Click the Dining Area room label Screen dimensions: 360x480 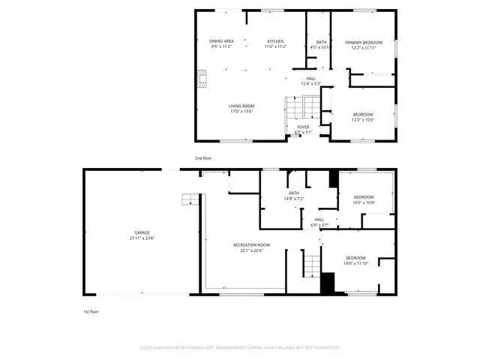click(x=222, y=41)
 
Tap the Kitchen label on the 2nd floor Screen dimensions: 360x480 click(x=275, y=41)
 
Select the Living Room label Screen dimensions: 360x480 click(x=241, y=106)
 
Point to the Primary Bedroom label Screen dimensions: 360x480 click(x=363, y=42)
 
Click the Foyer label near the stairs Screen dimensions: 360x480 click(x=303, y=127)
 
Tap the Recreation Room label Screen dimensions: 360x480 click(x=251, y=246)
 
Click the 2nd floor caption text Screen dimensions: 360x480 click(x=203, y=158)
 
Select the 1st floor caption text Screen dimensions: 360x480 click(x=91, y=310)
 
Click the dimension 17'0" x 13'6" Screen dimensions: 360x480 click(x=241, y=112)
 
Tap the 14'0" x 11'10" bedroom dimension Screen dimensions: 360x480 click(x=355, y=263)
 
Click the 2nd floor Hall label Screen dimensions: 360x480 click(x=310, y=79)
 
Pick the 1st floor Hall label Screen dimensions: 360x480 click(x=319, y=220)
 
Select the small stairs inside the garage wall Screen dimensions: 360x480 click(x=191, y=199)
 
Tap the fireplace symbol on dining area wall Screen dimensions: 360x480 click(x=200, y=77)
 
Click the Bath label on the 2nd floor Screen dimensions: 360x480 click(x=321, y=42)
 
